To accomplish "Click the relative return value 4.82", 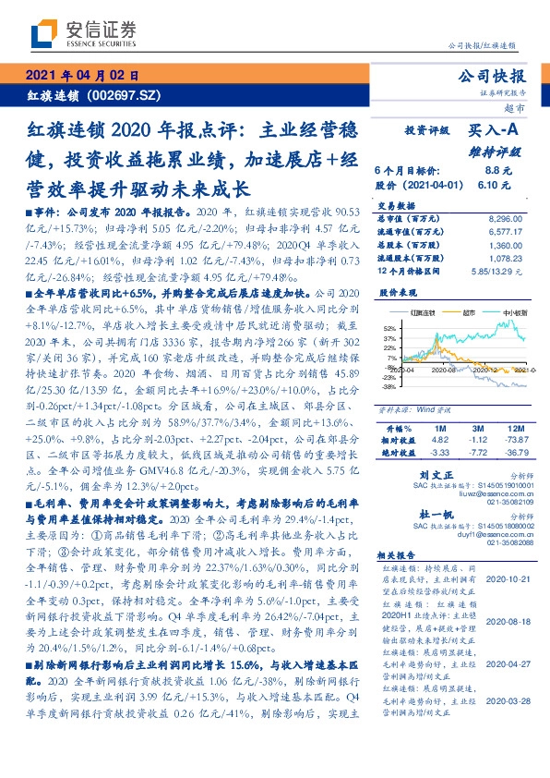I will pos(438,442).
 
